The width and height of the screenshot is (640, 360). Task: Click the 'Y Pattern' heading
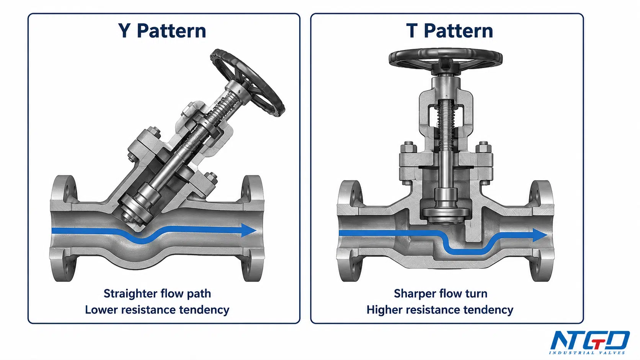click(162, 31)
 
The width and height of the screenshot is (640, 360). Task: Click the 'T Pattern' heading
click(449, 31)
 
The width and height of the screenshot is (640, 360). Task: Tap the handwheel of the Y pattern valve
click(247, 82)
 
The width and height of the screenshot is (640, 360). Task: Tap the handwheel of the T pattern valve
click(446, 58)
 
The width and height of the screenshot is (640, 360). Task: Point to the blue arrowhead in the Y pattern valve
click(248, 230)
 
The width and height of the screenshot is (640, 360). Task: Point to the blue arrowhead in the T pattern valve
click(539, 235)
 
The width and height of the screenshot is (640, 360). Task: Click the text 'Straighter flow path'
click(157, 294)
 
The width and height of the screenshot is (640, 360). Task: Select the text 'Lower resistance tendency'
click(157, 310)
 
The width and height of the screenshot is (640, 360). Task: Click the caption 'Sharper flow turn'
click(441, 294)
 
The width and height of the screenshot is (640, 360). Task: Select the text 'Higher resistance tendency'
click(440, 310)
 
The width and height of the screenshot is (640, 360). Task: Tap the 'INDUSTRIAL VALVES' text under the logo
click(587, 353)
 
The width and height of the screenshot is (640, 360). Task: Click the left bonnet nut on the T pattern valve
click(409, 147)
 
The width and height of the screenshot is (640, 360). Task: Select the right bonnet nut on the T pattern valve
click(483, 147)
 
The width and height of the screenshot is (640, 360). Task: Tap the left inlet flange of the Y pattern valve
click(64, 228)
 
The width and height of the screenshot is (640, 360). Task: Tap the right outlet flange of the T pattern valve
click(541, 231)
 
